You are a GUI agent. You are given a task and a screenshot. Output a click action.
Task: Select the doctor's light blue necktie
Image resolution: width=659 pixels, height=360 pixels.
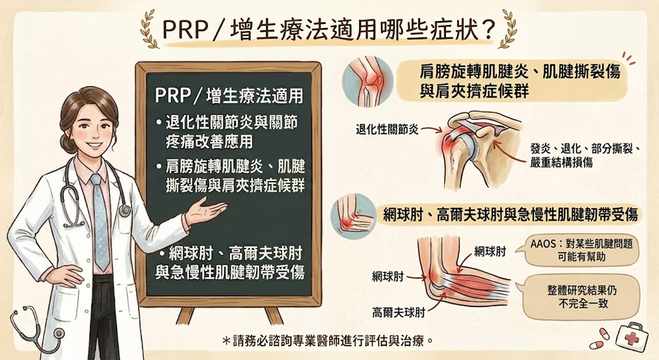click(x=100, y=222)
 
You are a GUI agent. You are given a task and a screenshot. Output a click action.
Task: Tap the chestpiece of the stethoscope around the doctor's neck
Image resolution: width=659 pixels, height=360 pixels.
click(x=124, y=211)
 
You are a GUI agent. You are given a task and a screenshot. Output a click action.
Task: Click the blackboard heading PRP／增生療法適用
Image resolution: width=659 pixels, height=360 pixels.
click(x=229, y=95)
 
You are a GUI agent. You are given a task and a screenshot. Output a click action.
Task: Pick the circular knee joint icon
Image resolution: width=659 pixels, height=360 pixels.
click(x=367, y=81)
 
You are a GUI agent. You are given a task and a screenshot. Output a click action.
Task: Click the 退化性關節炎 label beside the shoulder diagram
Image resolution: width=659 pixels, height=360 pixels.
click(x=387, y=129)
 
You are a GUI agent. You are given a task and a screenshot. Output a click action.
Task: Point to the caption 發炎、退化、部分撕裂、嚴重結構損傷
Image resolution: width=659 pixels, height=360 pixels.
click(x=584, y=155)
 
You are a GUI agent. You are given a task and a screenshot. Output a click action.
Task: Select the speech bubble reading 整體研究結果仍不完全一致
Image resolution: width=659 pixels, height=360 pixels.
click(x=582, y=296)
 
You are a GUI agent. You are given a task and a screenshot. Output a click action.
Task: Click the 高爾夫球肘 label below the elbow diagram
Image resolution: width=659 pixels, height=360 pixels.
click(x=398, y=312)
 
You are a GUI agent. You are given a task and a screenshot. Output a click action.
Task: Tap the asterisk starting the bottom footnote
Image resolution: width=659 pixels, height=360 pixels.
click(x=226, y=341)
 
